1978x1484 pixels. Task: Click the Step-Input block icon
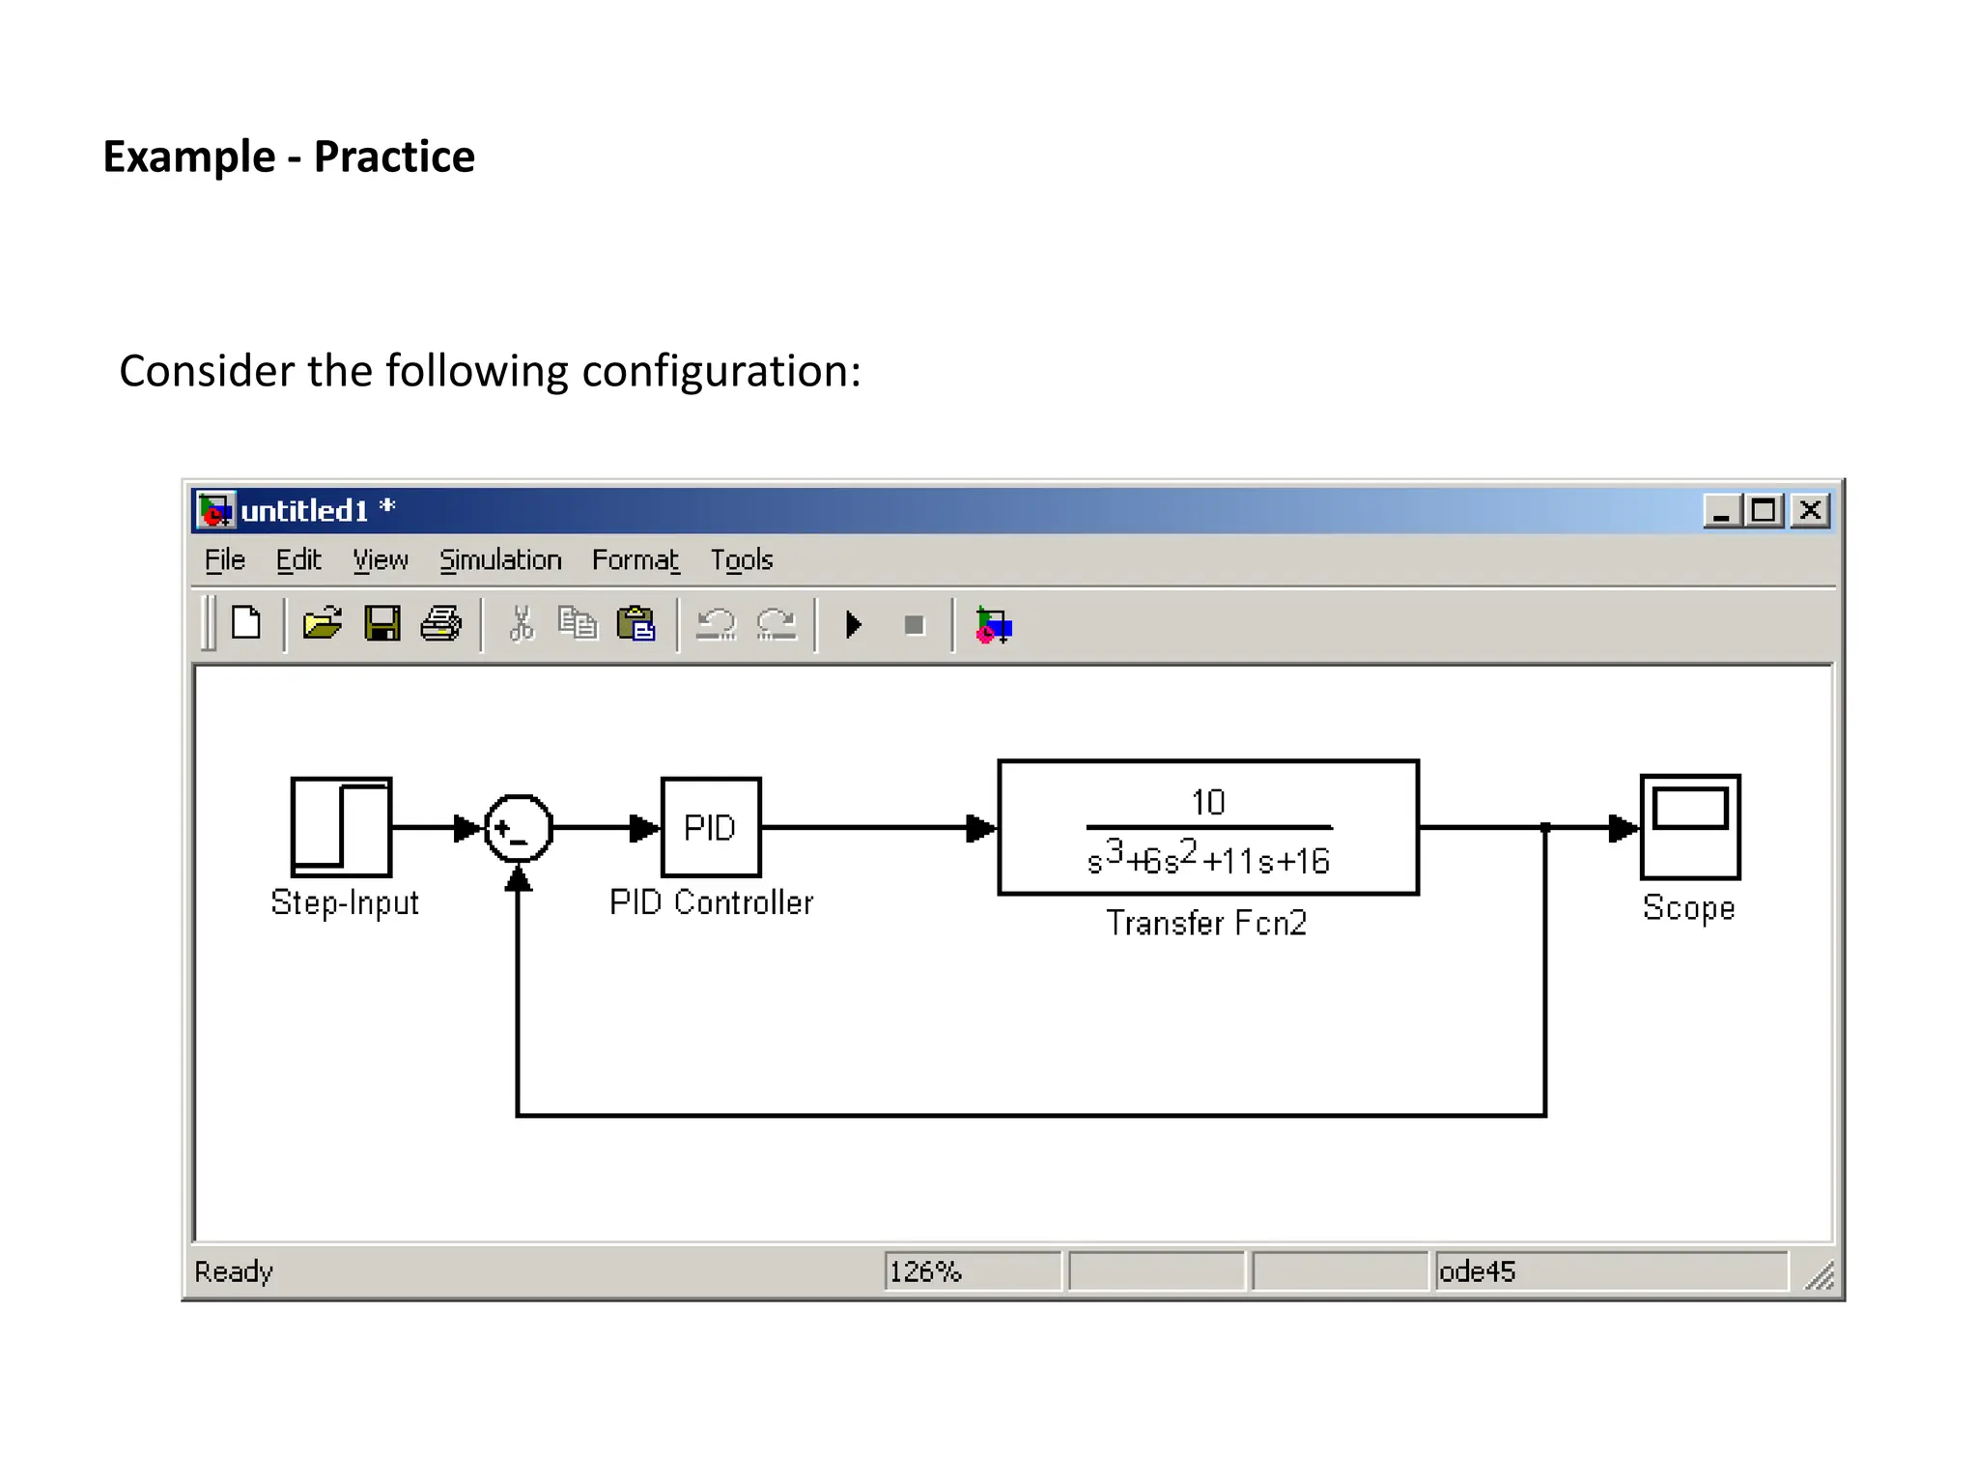341,827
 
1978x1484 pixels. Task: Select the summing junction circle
519,828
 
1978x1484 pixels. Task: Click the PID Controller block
711,827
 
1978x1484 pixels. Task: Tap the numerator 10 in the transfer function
1207,802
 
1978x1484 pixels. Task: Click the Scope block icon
1689,827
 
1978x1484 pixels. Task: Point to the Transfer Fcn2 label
1205,923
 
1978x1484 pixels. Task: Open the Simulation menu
500,560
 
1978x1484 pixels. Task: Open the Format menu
636,560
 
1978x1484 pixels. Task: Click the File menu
225,560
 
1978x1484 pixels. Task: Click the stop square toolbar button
914,626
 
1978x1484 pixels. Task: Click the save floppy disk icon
382,624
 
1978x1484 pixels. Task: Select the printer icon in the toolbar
441,624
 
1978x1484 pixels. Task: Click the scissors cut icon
522,624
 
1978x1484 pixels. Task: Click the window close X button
1811,510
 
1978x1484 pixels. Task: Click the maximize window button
1765,510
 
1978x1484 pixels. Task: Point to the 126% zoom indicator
925,1271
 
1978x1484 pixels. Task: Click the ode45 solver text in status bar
1477,1271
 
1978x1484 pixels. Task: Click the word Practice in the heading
394,157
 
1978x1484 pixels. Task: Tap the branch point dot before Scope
1545,828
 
